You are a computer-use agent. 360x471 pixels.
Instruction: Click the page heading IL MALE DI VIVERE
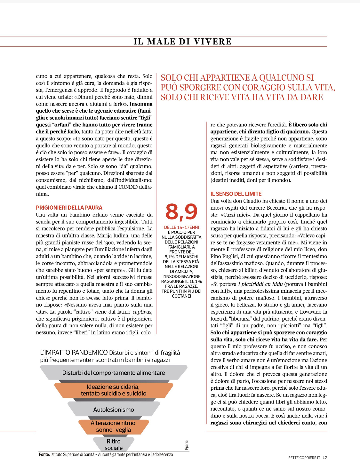(182, 42)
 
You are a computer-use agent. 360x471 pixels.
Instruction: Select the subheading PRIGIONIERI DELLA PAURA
(69, 208)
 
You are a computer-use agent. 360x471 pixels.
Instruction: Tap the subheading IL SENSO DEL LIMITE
(236, 194)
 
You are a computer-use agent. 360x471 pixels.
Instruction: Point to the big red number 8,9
(181, 212)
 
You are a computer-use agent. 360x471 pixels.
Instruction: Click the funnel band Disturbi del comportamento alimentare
(114, 373)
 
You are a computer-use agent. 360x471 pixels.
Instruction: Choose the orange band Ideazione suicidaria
(114, 390)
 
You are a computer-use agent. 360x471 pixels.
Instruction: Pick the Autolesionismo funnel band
(114, 410)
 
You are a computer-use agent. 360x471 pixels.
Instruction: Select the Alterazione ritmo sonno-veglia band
(113, 427)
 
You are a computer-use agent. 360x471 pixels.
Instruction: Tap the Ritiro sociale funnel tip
(114, 444)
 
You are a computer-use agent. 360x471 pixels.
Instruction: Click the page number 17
(325, 458)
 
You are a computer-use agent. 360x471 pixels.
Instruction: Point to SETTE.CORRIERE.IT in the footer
(304, 458)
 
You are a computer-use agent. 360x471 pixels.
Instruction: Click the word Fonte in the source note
(44, 454)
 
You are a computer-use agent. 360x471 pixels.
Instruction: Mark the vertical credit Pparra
(187, 445)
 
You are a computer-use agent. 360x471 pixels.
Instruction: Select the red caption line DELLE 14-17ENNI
(181, 228)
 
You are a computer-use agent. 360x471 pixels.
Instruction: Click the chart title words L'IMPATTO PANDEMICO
(74, 353)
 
